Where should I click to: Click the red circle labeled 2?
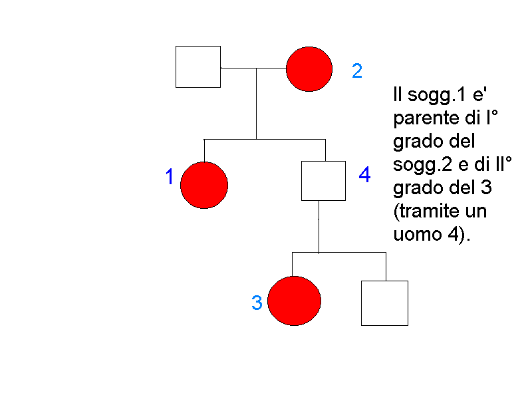[x=309, y=68]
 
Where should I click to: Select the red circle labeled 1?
[x=204, y=184]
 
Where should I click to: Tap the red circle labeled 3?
[x=294, y=301]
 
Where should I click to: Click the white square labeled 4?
[x=323, y=180]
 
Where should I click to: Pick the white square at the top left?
[x=198, y=66]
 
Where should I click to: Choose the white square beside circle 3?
[x=384, y=303]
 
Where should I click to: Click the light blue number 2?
[x=357, y=71]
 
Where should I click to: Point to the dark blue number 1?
[x=170, y=177]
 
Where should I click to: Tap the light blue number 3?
[x=257, y=303]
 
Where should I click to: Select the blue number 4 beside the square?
[x=364, y=176]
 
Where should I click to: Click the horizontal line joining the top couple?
[x=253, y=68]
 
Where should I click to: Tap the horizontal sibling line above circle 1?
[x=264, y=140]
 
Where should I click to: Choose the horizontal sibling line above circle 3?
[x=339, y=253]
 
